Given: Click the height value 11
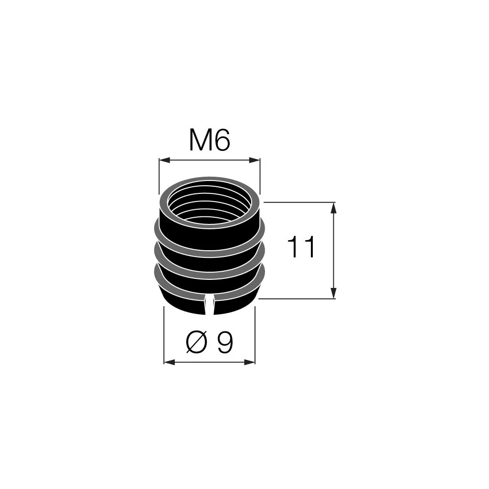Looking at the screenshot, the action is pyautogui.click(x=301, y=247).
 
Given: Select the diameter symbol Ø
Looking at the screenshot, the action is pyautogui.click(x=196, y=342).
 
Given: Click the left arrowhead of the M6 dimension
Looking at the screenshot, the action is pyautogui.click(x=164, y=160).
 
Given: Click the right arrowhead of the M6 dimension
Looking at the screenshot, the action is pyautogui.click(x=255, y=160).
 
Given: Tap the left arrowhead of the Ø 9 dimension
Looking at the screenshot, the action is pyautogui.click(x=170, y=362).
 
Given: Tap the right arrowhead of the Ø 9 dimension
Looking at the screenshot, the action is pyautogui.click(x=249, y=362).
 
